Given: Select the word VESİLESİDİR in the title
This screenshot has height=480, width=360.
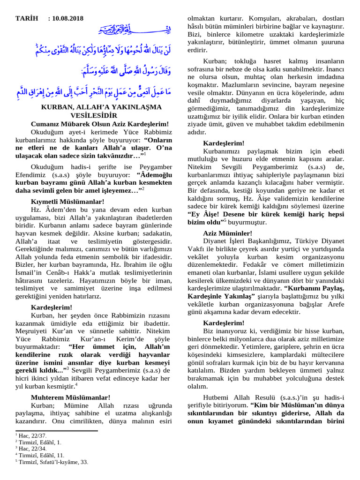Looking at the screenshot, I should (94, 115).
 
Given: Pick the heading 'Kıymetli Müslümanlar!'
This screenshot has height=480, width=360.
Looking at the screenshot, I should (67, 201).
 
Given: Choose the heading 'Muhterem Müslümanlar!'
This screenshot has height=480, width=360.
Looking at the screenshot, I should (70, 397).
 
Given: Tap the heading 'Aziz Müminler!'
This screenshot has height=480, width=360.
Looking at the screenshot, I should (228, 233).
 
